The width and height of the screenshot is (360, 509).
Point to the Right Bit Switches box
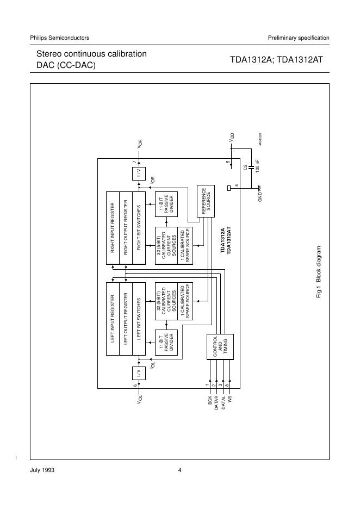tap(139, 228)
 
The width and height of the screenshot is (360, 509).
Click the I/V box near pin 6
tap(139, 373)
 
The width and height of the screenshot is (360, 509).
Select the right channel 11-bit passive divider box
tap(165, 204)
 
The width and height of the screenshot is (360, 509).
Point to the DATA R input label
tap(216, 405)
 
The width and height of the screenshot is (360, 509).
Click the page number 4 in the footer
tap(179, 470)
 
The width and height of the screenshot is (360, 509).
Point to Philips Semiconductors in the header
tap(60, 38)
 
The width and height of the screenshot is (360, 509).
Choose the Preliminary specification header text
tap(298, 38)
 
